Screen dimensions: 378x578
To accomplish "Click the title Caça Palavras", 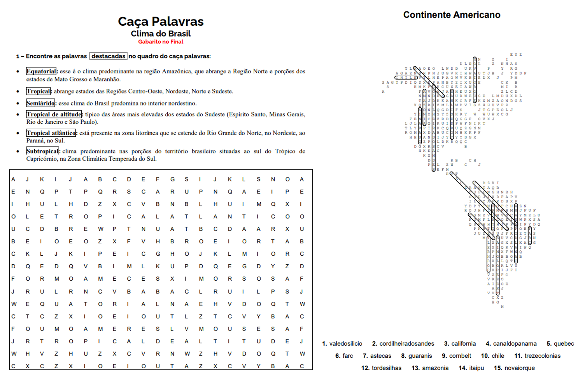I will point(161,21).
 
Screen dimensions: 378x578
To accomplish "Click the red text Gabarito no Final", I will point(161,42).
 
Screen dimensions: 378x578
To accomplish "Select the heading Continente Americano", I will point(452,15).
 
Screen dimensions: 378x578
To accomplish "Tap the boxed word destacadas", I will point(109,56).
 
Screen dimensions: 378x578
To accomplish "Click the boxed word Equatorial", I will point(41,71).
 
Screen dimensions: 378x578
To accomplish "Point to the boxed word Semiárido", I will point(41,103).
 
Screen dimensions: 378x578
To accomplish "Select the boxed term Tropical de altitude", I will point(54,114).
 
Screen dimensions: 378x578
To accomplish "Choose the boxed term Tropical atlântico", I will point(51,133).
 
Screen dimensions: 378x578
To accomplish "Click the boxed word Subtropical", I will point(43,151).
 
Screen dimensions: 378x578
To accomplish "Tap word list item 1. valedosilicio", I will point(342,344).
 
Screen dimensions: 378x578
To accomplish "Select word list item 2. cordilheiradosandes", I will point(403,344).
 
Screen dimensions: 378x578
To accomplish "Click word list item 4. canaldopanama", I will point(511,344).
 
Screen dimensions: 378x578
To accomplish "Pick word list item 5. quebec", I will point(560,344).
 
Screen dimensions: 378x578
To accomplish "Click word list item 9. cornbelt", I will point(456,356).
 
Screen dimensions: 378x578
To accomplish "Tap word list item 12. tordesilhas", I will point(381,368).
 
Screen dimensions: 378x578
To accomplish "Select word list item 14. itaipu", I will point(471,368).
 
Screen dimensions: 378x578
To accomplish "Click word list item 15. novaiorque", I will point(514,368).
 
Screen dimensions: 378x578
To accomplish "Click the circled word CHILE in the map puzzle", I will point(406,77).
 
